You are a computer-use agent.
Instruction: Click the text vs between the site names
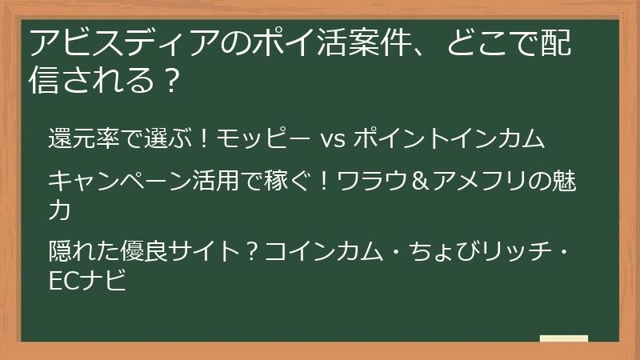click(x=332, y=140)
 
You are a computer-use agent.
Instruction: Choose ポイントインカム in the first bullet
click(x=449, y=139)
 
